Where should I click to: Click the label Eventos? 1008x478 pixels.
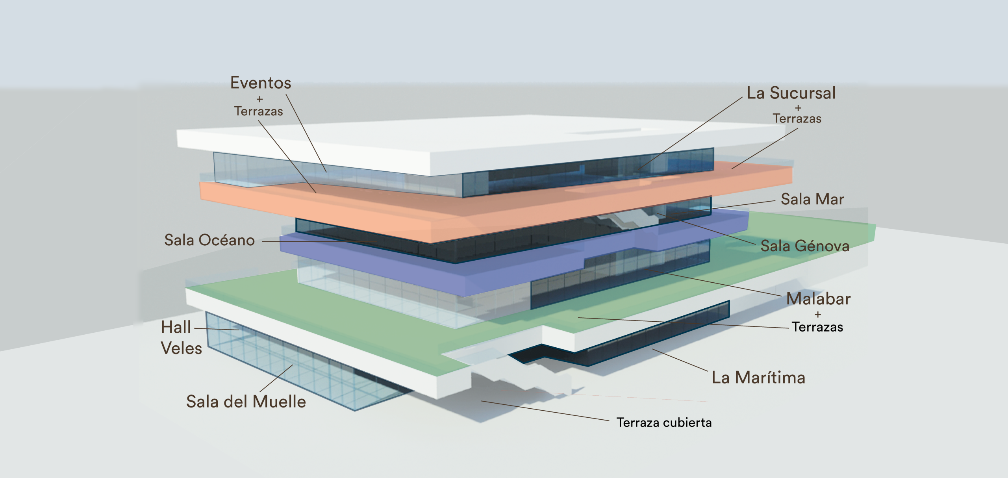coord(261,83)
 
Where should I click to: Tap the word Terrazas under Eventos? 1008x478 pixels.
coord(259,111)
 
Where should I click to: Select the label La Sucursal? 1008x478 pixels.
coord(791,93)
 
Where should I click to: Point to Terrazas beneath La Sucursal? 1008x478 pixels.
coord(797,119)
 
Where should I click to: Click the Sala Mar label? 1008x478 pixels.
coord(812,199)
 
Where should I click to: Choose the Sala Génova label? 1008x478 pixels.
coord(805,246)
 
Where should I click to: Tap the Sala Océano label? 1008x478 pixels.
coord(209,240)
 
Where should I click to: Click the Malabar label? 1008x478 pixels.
coord(818,299)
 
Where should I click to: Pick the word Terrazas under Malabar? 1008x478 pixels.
coord(817,327)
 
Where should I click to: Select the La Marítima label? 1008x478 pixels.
coord(758,378)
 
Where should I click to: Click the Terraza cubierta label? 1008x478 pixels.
coord(664,423)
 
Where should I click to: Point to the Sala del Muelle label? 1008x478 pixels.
coord(246,402)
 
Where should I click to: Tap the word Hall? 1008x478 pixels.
coord(176,327)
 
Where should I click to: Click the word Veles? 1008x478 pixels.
coord(181,348)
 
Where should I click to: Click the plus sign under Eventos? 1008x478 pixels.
coord(259,99)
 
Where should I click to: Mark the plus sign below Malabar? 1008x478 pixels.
coord(818,315)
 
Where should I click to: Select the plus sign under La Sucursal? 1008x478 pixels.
coord(798,107)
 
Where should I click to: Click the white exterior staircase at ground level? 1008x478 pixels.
coord(524,378)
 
